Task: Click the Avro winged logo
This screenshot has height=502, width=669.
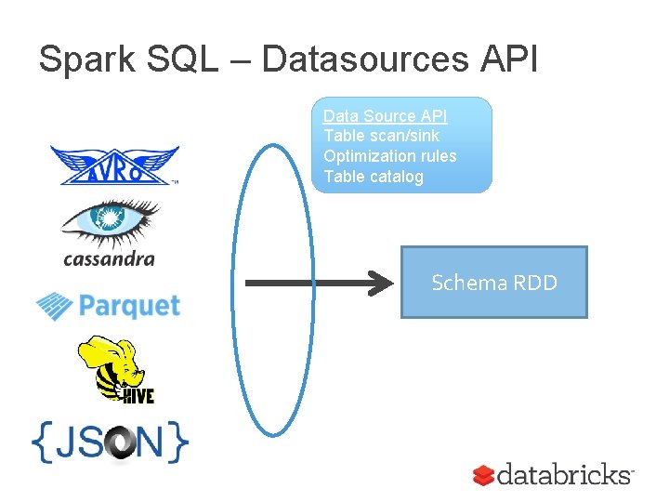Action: coord(113,166)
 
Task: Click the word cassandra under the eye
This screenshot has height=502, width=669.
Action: coord(109,258)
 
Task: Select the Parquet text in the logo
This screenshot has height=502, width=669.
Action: coord(129,305)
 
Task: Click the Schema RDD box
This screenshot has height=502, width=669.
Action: coord(493,282)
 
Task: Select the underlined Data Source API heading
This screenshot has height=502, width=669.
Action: coord(385,116)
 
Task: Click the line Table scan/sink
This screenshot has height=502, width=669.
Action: coord(381,136)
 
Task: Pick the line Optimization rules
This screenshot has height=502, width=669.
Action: coord(389,156)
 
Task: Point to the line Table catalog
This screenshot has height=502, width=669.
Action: coord(373,177)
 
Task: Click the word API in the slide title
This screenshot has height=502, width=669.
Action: coord(509,59)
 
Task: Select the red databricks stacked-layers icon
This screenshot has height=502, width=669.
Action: coord(482,476)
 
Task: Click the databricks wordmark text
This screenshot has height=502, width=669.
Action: coord(564,475)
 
